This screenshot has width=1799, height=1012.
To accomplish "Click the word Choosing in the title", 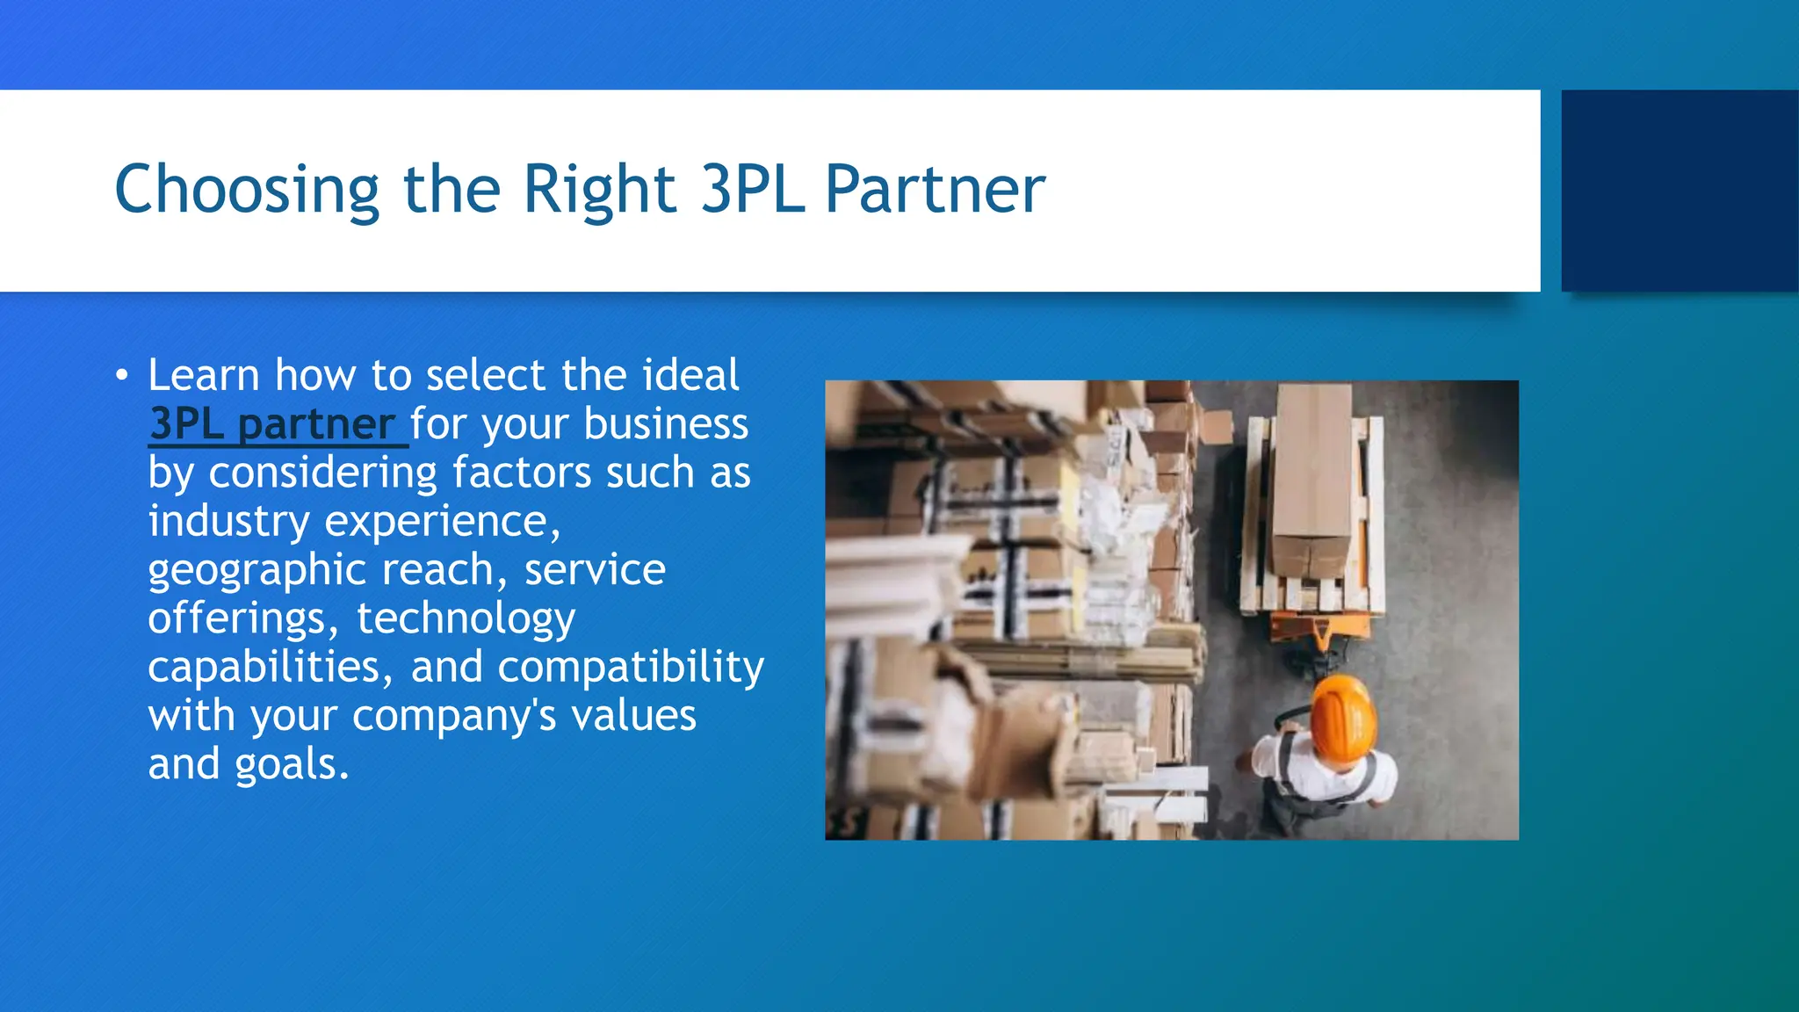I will [247, 190].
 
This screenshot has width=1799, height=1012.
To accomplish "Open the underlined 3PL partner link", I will [272, 424].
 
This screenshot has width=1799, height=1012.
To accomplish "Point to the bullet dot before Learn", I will [122, 377].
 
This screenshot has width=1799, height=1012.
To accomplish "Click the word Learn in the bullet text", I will [204, 375].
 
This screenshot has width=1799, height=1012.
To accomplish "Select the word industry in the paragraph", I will [228, 522].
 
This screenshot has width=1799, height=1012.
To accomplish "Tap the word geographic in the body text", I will [256, 571].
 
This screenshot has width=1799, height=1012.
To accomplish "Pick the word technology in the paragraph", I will [466, 619].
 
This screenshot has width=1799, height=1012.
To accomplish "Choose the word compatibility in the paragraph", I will [631, 668].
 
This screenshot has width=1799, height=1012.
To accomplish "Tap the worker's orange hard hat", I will [1341, 716].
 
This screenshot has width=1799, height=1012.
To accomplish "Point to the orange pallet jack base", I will [1318, 628].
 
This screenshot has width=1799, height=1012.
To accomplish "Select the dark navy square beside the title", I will [1680, 191].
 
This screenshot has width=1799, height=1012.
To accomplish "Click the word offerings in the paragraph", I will [242, 619].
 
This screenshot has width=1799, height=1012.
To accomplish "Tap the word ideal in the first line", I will [690, 375].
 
